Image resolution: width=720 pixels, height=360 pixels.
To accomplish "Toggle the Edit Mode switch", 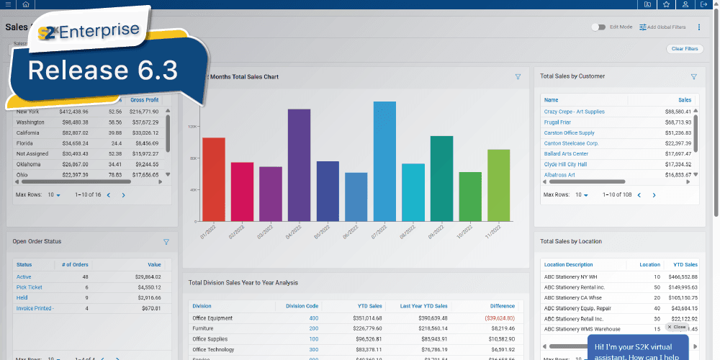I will [x=598, y=27].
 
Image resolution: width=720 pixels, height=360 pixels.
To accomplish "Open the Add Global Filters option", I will [x=662, y=27].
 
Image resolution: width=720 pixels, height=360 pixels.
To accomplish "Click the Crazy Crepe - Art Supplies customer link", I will [x=574, y=112].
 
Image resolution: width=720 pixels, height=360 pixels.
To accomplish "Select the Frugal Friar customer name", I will [x=557, y=122].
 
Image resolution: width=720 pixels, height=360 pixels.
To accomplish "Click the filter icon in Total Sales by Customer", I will [x=694, y=76].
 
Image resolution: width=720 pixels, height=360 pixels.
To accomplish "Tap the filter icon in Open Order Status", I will [x=166, y=242].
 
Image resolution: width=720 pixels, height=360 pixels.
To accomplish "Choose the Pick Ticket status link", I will [x=29, y=287].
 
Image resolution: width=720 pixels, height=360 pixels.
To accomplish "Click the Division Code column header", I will [x=302, y=305].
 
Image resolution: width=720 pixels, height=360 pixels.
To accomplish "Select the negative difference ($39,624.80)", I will [x=495, y=318].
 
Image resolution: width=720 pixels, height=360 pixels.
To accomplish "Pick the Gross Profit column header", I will [x=144, y=100].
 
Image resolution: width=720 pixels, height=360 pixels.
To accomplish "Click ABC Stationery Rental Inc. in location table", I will [x=575, y=287].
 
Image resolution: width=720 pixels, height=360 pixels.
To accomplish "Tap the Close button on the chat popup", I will [x=676, y=327].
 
